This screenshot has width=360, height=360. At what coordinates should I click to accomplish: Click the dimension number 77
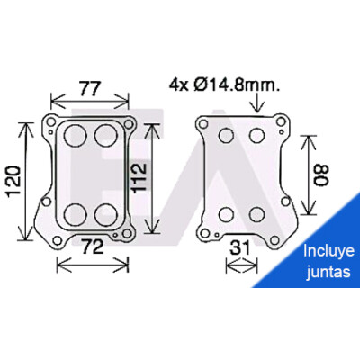coord(89,88)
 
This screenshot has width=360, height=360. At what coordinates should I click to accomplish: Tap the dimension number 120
coord(14,182)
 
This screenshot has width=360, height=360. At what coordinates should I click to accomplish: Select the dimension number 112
coord(139,177)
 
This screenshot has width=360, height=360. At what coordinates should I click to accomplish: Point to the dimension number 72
coord(93,247)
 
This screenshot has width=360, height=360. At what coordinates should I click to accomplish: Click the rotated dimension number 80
coord(322,175)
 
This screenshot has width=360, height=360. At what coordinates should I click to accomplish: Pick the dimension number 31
coord(239,248)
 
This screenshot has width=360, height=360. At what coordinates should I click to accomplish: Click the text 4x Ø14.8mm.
coord(224,85)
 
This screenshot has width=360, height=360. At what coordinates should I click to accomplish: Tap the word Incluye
coord(328,251)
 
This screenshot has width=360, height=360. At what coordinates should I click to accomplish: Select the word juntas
coord(328,272)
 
